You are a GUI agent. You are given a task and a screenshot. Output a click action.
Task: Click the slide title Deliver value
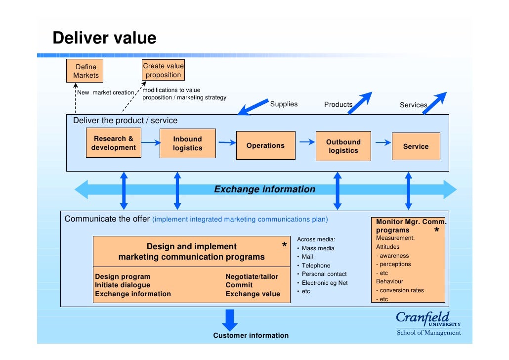(104, 38)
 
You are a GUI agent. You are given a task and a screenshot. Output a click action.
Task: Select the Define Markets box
(86, 71)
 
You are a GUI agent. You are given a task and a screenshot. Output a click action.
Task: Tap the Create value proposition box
(163, 70)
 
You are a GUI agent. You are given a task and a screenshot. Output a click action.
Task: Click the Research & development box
(113, 143)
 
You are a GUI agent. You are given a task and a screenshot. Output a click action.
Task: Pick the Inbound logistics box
(187, 143)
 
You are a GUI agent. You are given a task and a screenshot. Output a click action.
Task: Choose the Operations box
(265, 145)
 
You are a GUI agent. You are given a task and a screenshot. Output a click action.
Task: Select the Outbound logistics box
(343, 146)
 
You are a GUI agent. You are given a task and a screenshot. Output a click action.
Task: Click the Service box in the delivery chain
(416, 146)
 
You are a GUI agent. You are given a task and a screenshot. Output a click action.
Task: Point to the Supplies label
(284, 104)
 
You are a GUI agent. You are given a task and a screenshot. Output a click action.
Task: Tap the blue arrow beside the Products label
(362, 102)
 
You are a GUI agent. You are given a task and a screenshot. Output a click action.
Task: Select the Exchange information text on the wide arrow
(264, 189)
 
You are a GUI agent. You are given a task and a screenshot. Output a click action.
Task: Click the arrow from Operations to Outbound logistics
(307, 142)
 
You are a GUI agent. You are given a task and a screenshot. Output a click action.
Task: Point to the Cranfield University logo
(428, 323)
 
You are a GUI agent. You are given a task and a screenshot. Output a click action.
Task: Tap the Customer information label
(251, 336)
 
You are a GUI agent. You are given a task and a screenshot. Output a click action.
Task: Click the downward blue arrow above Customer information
(230, 319)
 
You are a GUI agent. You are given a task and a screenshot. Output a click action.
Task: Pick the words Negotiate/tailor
(252, 276)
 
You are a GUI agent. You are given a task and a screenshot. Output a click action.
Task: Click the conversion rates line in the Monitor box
(401, 290)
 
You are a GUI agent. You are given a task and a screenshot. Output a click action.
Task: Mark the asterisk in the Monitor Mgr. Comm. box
(436, 231)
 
